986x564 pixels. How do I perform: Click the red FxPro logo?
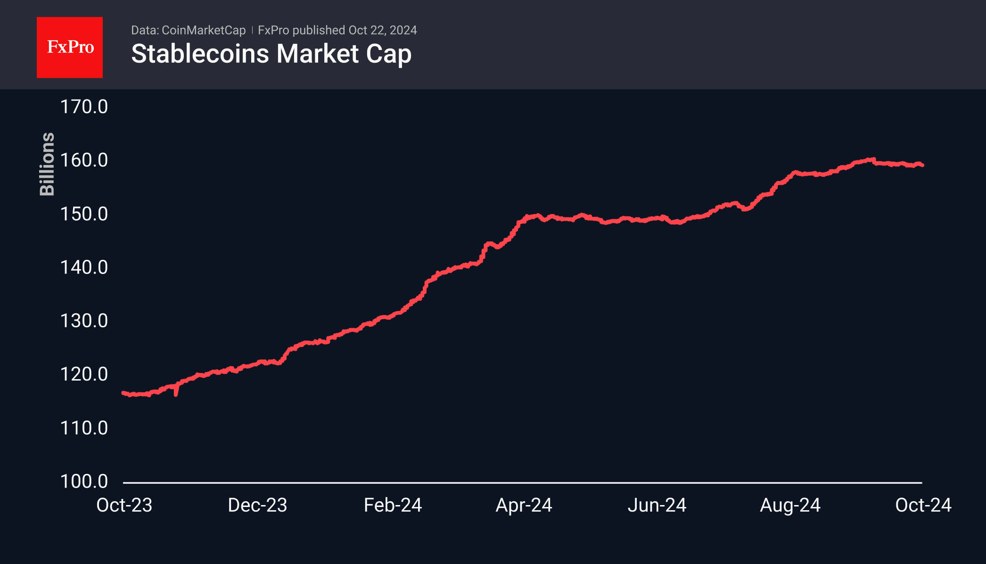(70, 47)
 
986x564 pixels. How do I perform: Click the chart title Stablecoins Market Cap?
(271, 54)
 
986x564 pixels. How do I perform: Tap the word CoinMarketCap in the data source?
(203, 30)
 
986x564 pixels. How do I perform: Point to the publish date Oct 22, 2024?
(382, 30)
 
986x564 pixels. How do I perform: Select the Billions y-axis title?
(47, 164)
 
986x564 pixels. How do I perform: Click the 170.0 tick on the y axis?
(84, 107)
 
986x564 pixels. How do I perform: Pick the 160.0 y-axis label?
(84, 160)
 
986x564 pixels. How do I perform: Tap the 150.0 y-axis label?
(84, 214)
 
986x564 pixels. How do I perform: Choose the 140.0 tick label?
(84, 267)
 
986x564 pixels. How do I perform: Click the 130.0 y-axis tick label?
(84, 321)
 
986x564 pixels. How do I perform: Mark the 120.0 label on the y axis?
(84, 374)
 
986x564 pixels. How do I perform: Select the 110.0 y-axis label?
(84, 428)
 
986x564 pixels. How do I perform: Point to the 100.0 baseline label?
(84, 481)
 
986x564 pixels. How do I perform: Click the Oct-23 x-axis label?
(124, 505)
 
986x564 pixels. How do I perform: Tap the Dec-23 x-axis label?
(257, 505)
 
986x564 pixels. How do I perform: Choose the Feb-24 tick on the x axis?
(393, 505)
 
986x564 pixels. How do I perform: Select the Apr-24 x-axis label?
(524, 505)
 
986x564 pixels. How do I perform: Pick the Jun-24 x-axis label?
(657, 505)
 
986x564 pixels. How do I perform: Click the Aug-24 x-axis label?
(790, 505)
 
